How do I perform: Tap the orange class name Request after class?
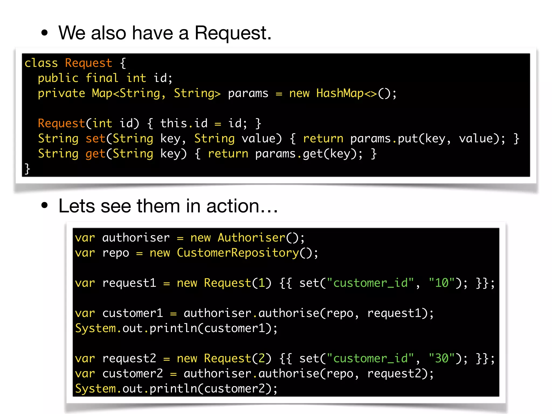pyautogui.click(x=88, y=63)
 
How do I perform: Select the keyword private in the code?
pyautogui.click(x=61, y=93)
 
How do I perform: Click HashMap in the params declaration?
pyautogui.click(x=340, y=93)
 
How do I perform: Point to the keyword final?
pyautogui.click(x=102, y=78)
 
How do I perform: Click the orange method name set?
pyautogui.click(x=95, y=139)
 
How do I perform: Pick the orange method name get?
pyautogui.click(x=95, y=154)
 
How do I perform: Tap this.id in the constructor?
pyautogui.click(x=184, y=123)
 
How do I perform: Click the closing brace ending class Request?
pyautogui.click(x=27, y=169)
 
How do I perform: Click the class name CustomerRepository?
pyautogui.click(x=238, y=253)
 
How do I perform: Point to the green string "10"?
pyautogui.click(x=442, y=283)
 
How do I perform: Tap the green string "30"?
pyautogui.click(x=442, y=358)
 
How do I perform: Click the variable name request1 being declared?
pyautogui.click(x=129, y=283)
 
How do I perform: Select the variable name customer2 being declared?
pyautogui.click(x=132, y=374)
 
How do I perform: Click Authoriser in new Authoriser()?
pyautogui.click(x=251, y=238)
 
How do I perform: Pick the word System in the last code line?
pyautogui.click(x=95, y=389)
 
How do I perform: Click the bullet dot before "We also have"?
pyautogui.click(x=44, y=33)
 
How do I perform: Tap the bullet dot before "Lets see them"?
pyautogui.click(x=44, y=206)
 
